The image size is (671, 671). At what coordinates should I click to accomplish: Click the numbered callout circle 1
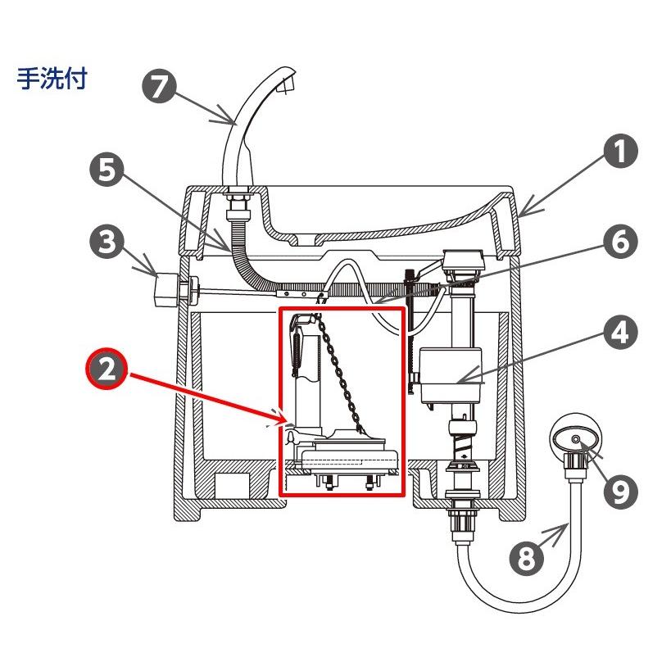coord(620,152)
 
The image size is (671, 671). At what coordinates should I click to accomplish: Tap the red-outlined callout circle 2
coord(105,371)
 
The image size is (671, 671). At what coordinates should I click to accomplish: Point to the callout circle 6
coord(620,242)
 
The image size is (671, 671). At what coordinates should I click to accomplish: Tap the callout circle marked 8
coord(526,559)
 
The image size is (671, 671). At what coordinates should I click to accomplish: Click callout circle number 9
coord(620,490)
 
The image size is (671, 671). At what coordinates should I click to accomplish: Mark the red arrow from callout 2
coord(205,397)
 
